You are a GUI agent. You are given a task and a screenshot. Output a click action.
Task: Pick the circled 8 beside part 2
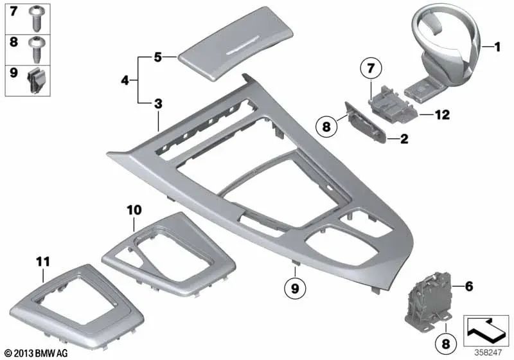(x=326, y=126)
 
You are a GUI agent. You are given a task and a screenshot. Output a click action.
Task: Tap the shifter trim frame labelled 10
(x=154, y=251)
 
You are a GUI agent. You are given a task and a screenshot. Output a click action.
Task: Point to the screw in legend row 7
(x=37, y=19)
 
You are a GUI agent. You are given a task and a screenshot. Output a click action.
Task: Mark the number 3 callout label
(x=158, y=104)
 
